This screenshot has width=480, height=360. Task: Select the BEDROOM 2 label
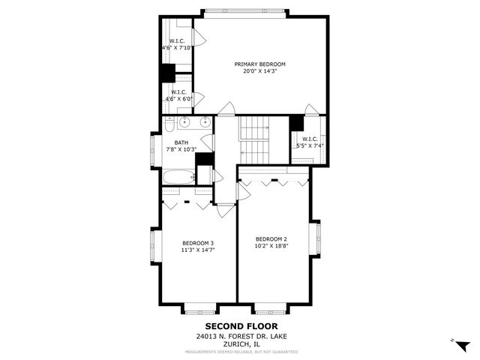pos(271,238)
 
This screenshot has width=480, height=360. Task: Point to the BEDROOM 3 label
pos(198,243)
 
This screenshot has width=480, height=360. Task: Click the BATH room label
pos(181,142)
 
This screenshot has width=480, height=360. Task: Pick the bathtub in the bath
pos(178,177)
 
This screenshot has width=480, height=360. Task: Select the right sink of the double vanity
pos(203,122)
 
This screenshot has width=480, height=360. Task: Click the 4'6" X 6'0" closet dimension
pos(178,99)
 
